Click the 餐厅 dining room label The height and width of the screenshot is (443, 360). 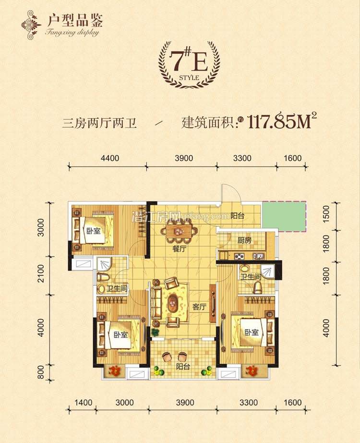coord(180,249)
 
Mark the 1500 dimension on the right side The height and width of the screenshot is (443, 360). coord(327,212)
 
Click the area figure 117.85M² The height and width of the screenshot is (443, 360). coord(284,123)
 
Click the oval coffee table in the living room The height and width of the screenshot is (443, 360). coord(172,305)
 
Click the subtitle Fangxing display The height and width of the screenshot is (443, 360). coord(72,33)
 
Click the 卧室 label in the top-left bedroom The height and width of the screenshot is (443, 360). coord(94,231)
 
